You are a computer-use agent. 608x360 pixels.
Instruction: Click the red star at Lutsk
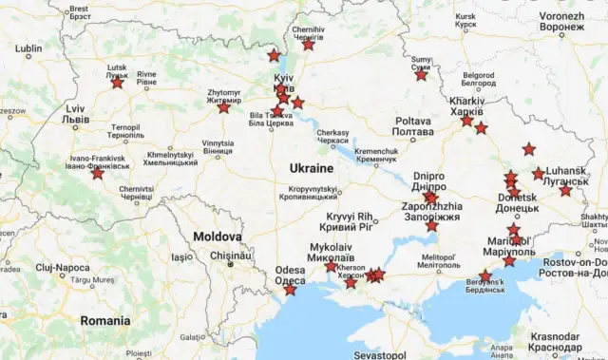117,83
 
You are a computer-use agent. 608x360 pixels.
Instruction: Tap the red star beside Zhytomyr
223,107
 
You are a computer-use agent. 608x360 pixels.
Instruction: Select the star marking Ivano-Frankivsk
98,173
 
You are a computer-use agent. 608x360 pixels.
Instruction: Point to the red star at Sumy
421,74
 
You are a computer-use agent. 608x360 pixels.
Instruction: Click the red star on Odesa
290,289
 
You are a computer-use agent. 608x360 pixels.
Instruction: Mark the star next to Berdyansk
485,275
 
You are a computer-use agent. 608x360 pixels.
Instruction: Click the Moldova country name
219,235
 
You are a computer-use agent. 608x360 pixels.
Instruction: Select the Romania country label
104,320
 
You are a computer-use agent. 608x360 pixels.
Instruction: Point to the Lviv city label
75,114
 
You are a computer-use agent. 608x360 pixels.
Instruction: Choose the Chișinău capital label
231,255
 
